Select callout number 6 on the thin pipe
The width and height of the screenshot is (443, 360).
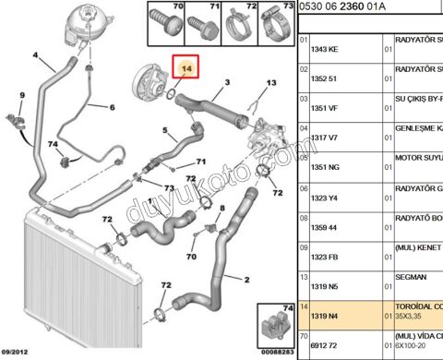(111, 107)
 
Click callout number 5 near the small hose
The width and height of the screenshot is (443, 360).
(163, 130)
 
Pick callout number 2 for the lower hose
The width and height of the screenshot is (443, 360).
(245, 278)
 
